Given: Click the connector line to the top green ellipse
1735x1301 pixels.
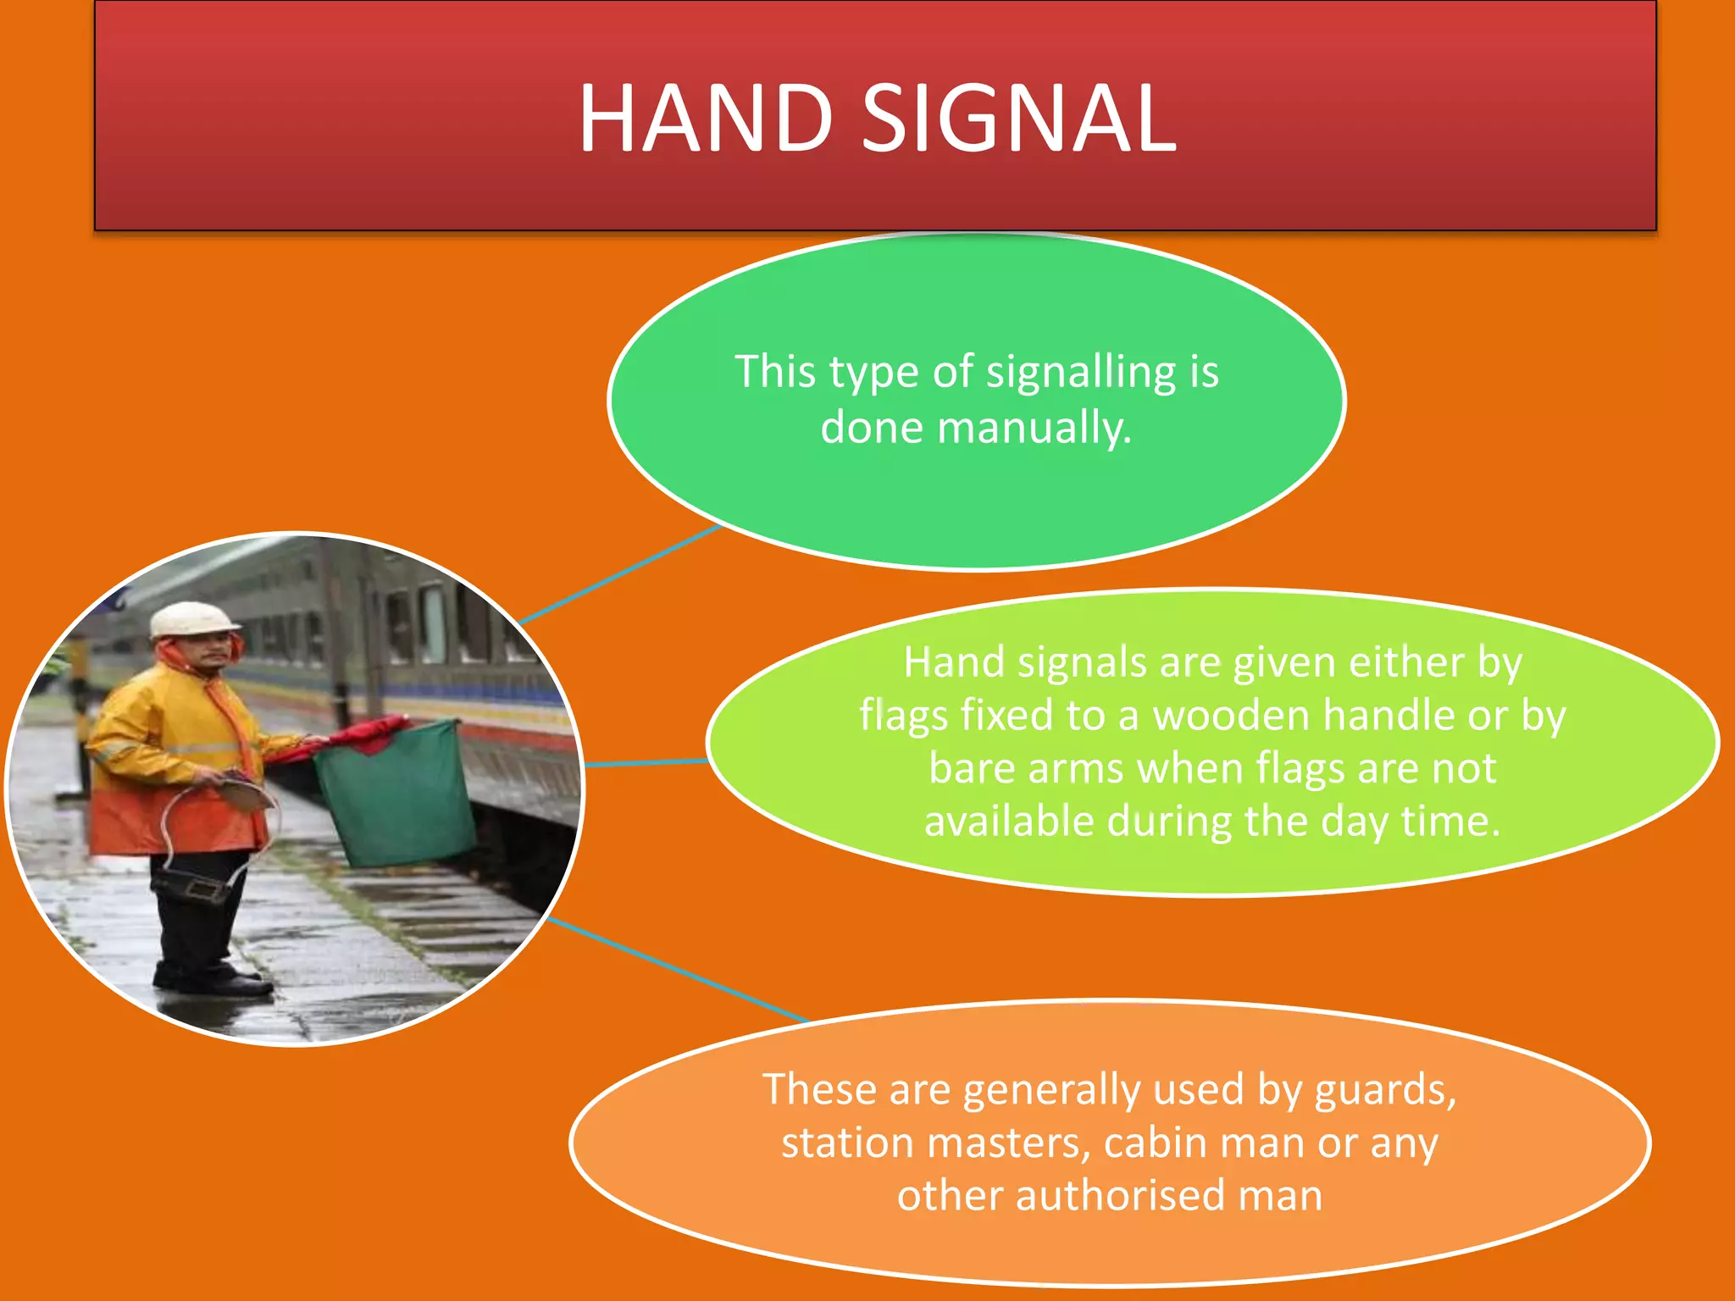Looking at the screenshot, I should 618,574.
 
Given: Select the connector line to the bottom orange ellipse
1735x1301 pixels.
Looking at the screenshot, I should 678,970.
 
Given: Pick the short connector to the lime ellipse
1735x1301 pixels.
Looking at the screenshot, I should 646,763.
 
